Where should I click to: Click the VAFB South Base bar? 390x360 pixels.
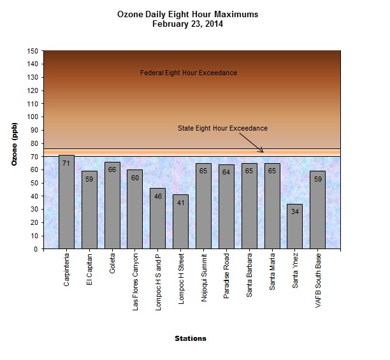(x=318, y=210)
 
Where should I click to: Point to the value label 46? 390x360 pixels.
(x=158, y=198)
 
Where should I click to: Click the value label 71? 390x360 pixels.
(x=66, y=164)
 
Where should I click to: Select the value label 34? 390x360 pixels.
(x=295, y=212)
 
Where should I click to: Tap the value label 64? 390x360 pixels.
(x=226, y=173)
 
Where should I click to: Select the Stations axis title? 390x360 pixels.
(x=191, y=338)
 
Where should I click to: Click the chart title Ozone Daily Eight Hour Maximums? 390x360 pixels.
(x=189, y=14)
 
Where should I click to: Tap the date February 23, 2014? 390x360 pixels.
(x=189, y=24)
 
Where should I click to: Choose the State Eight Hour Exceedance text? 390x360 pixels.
(x=222, y=129)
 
